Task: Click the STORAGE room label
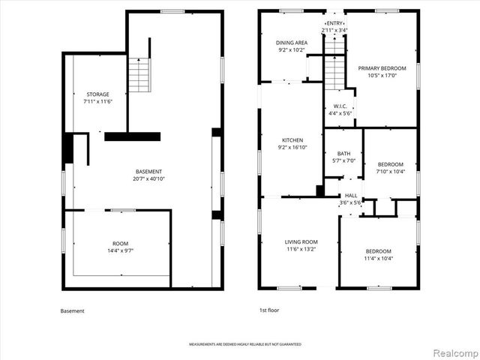(97, 94)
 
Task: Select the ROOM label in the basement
(121, 244)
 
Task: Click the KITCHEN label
(292, 140)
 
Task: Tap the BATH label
(343, 153)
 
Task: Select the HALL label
(351, 195)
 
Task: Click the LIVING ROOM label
(301, 241)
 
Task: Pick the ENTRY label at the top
(335, 24)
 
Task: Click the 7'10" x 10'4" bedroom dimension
(390, 172)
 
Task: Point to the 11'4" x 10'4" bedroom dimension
(379, 258)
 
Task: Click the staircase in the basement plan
(139, 76)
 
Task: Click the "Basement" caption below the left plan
(72, 310)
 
